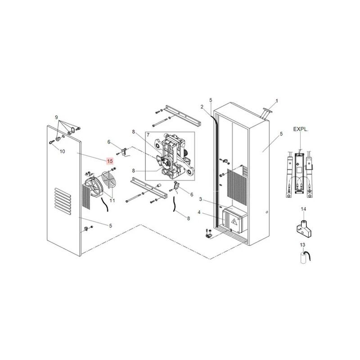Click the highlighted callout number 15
(110, 161)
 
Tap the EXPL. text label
(300, 129)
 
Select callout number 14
(303, 209)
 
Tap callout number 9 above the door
(57, 117)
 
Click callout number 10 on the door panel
(62, 152)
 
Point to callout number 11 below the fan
(112, 200)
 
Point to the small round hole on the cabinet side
(267, 212)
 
